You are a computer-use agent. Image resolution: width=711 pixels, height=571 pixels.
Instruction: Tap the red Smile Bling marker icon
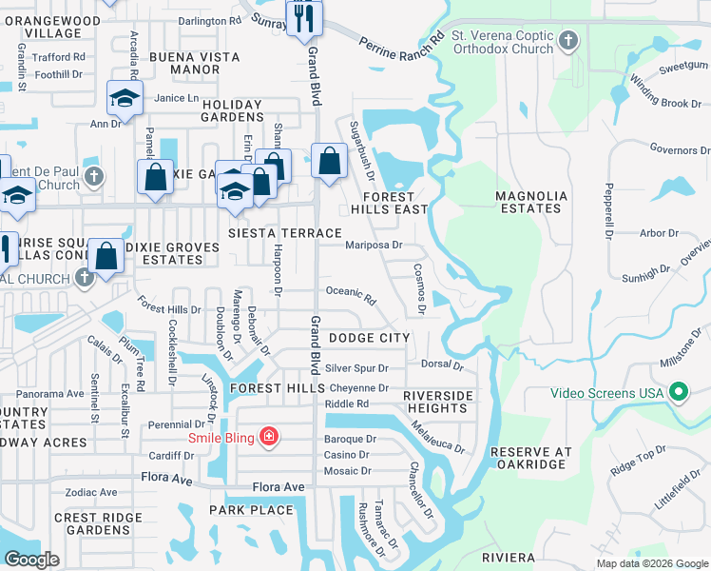270,436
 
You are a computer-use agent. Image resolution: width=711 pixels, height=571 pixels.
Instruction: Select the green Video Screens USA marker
679,392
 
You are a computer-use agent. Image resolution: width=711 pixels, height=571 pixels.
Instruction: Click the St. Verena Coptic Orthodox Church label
502,43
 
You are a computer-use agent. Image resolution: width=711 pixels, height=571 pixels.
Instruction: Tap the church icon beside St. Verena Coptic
568,41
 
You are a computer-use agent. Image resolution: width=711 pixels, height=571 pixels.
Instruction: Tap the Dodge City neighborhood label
369,338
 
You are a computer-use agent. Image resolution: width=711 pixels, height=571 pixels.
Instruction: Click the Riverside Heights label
437,402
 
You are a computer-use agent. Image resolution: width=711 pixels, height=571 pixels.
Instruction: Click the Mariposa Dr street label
374,245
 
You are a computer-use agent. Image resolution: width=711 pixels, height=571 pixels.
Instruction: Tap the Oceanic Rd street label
351,295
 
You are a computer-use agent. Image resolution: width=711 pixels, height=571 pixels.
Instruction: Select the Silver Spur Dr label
357,367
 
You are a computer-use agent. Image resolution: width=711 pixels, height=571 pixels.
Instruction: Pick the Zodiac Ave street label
91,492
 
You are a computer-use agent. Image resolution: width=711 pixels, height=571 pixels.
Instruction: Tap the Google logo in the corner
31,560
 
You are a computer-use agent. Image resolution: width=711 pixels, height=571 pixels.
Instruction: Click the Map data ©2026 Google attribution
652,563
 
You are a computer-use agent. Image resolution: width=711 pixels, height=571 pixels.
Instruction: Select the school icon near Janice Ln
124,97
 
